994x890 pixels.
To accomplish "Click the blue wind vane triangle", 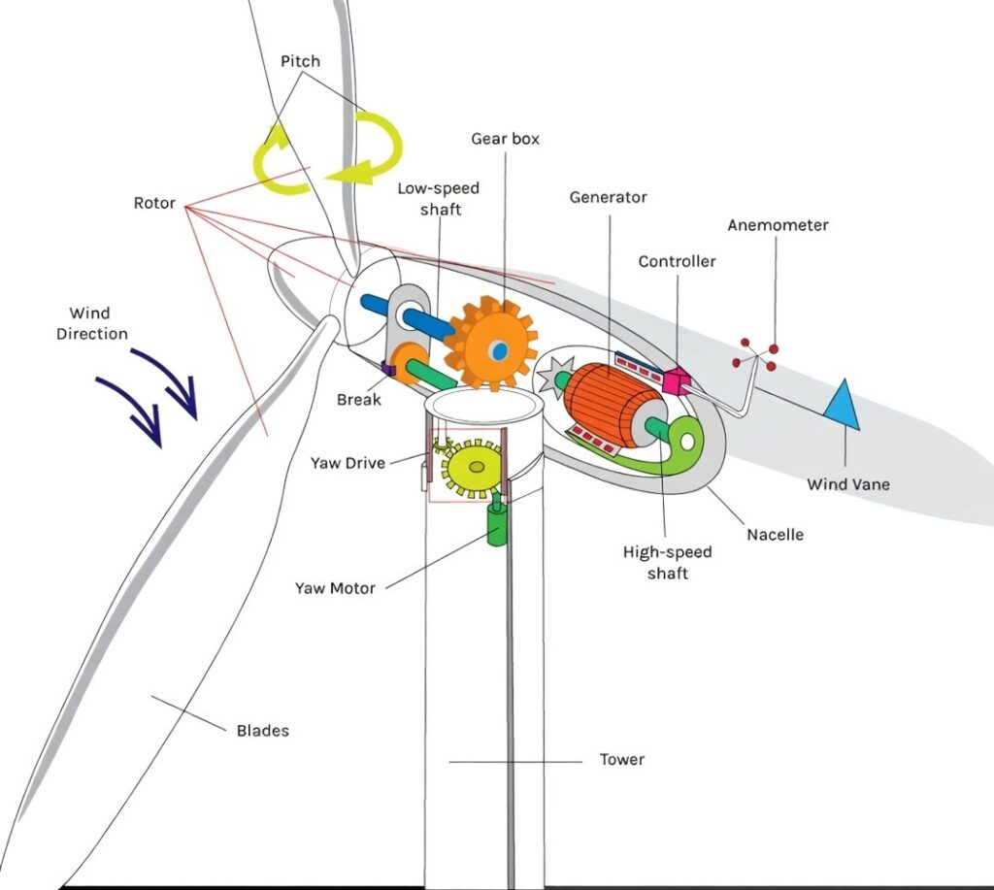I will (844, 406).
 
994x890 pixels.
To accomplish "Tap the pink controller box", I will (674, 379).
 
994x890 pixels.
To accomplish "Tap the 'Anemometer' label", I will (778, 225).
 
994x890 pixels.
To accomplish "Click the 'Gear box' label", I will (505, 139).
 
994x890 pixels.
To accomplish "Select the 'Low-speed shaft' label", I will (438, 197).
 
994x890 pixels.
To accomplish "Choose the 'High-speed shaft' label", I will (667, 563).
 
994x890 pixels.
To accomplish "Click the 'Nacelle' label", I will (775, 535).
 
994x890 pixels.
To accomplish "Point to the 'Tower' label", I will (621, 759).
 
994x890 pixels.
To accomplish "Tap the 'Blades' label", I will (262, 730).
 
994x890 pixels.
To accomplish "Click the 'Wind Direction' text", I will (91, 323).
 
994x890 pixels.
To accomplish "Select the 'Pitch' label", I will (300, 61).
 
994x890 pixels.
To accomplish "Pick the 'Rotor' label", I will (154, 204).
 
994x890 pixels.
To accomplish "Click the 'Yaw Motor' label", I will (335, 587).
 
